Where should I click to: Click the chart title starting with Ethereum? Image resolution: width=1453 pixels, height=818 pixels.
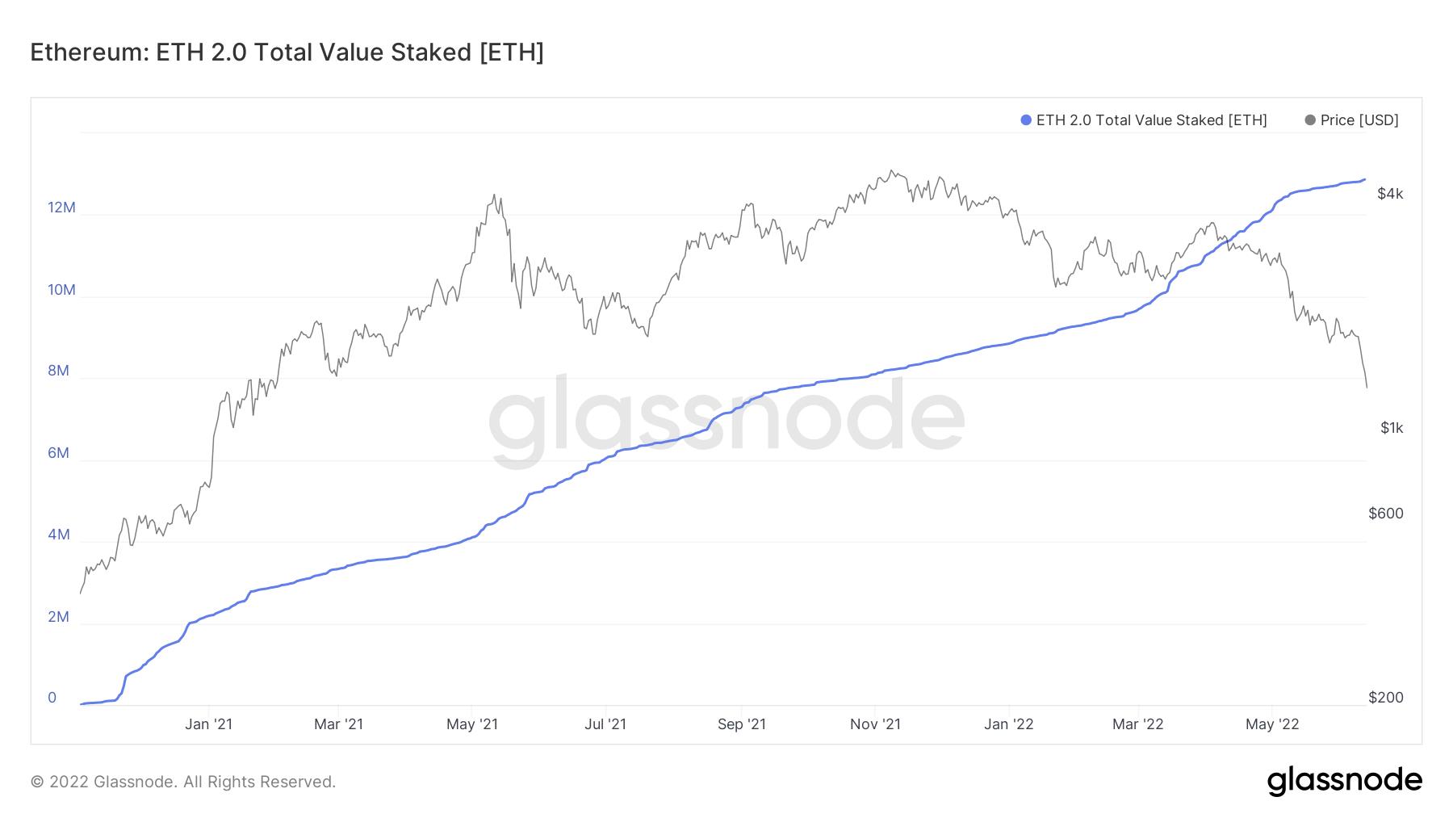pos(287,52)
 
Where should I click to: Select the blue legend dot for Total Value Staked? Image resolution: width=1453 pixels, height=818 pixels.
pos(1026,120)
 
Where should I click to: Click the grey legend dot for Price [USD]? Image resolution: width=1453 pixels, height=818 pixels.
pos(1310,120)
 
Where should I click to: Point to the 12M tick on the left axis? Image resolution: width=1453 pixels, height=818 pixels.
pos(61,208)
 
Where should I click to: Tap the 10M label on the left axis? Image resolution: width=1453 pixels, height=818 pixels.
pos(61,289)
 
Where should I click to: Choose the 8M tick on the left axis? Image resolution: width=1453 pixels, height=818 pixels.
pos(58,371)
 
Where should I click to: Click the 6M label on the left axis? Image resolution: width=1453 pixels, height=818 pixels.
pos(58,453)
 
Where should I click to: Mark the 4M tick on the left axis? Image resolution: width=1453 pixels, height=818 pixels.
pos(58,535)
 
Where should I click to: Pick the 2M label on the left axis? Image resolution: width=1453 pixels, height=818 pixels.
pos(58,617)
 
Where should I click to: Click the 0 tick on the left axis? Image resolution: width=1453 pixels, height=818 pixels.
pos(52,698)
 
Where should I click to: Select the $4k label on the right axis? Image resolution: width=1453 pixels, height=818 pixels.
pos(1390,194)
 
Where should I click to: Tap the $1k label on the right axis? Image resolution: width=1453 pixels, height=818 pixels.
pos(1392,428)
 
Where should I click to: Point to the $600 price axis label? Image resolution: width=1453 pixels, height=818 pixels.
pos(1386,514)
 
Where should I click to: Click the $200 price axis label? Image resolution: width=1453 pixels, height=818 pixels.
pos(1386,698)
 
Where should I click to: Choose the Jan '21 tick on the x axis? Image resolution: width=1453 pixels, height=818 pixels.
pos(208,724)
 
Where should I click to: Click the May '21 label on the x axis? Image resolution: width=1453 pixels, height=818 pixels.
pos(472,724)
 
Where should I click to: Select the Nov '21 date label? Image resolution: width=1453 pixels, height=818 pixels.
pos(876,724)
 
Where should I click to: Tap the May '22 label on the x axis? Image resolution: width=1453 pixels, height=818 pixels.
pos(1272,724)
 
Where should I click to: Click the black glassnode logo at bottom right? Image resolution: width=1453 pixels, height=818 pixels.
pos(1344,781)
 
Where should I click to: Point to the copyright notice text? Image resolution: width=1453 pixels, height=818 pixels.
pos(183,782)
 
